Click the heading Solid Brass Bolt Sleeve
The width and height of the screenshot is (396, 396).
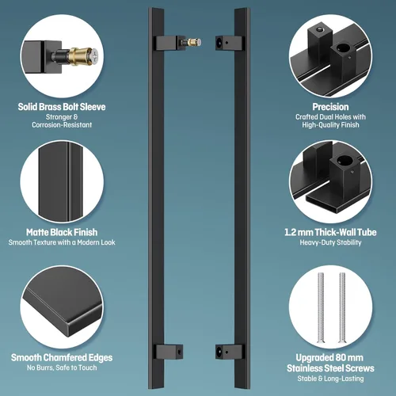click(x=62, y=107)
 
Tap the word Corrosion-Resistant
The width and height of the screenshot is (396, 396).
click(x=62, y=125)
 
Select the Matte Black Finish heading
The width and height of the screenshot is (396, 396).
click(x=62, y=232)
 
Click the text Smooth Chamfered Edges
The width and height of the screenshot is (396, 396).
click(x=62, y=357)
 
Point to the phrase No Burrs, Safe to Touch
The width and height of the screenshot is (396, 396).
click(x=62, y=367)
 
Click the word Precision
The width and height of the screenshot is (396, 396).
click(x=330, y=107)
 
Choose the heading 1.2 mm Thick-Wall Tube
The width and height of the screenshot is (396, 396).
click(x=330, y=232)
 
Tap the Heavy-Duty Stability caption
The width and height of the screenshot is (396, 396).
click(x=330, y=242)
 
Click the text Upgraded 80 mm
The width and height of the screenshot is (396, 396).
click(x=329, y=357)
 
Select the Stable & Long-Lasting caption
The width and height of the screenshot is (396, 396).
click(x=330, y=379)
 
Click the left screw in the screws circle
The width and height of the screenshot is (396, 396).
click(x=321, y=308)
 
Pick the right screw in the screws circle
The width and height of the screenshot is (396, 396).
click(x=342, y=308)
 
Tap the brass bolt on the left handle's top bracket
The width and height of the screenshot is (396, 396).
click(x=194, y=42)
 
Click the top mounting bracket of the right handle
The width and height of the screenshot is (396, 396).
click(x=229, y=43)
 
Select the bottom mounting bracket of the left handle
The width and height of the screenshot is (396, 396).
click(x=169, y=352)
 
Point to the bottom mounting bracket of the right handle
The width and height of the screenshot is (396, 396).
click(x=229, y=352)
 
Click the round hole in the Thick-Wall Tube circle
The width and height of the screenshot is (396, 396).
click(x=343, y=159)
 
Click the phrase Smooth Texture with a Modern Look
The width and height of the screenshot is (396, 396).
click(x=62, y=242)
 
